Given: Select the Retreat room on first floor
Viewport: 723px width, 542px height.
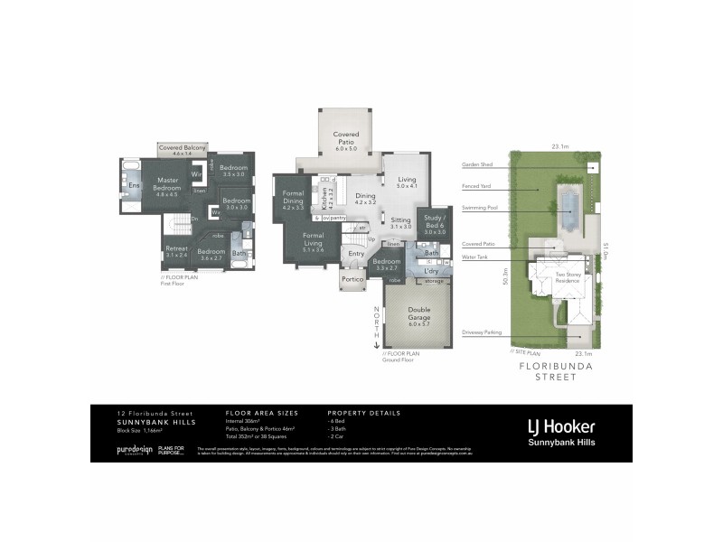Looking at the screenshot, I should (176, 252).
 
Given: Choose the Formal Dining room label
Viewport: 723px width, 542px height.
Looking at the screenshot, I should (292, 201).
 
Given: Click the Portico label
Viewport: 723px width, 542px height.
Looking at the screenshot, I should (352, 280).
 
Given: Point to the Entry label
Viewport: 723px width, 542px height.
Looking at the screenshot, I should (356, 254).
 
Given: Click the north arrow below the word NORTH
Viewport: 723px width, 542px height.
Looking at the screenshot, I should (377, 342).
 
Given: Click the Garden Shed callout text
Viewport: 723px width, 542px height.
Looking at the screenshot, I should (475, 165).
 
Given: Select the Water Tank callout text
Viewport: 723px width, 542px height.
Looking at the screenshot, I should (475, 256).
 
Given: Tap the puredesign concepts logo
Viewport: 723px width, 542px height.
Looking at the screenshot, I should (135, 449).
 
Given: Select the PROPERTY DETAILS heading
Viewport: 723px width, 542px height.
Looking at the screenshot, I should (363, 413).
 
